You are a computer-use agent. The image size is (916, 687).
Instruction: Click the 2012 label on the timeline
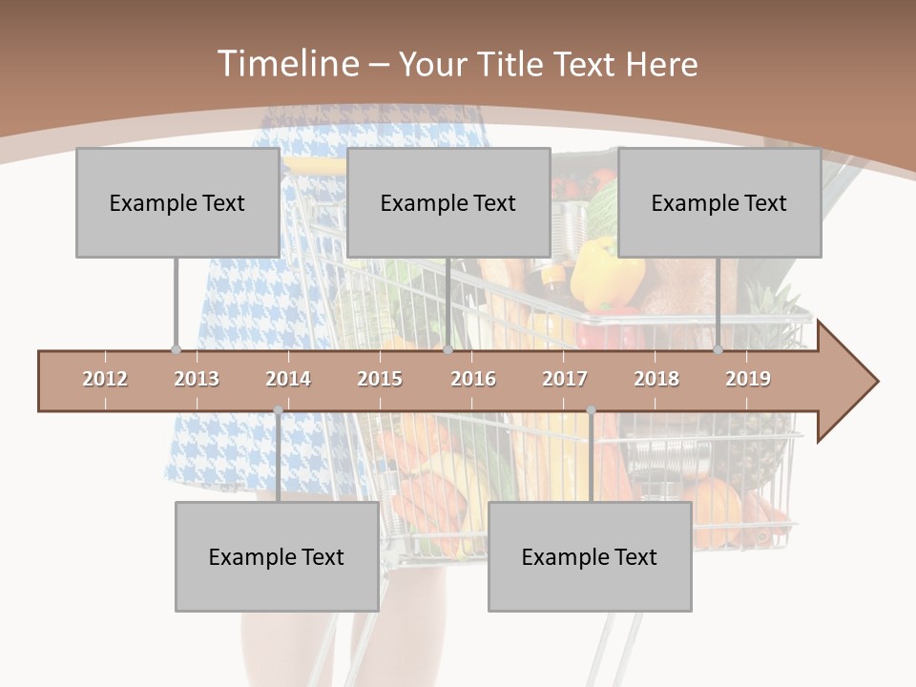click(x=105, y=379)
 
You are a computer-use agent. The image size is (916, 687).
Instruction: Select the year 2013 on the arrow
click(x=197, y=379)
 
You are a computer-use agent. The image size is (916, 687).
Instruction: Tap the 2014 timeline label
click(x=288, y=379)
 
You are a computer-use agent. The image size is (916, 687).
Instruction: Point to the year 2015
click(x=380, y=379)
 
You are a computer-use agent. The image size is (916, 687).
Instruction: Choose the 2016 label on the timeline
click(x=473, y=379)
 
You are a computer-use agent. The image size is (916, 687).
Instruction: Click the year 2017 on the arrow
click(x=565, y=379)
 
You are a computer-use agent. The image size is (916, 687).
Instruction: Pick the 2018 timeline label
click(x=656, y=379)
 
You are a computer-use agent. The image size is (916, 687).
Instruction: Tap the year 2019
click(x=748, y=379)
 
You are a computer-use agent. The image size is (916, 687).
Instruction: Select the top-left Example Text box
click(x=177, y=202)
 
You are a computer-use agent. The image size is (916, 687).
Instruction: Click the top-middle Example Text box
click(x=448, y=202)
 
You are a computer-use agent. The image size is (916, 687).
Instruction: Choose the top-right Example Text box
click(x=719, y=202)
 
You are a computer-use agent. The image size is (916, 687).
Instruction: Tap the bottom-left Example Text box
click(x=277, y=556)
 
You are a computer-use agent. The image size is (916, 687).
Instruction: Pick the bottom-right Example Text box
click(x=590, y=556)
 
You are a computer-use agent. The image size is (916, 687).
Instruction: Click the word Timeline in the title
click(x=285, y=64)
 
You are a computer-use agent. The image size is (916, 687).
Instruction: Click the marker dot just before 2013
click(x=176, y=349)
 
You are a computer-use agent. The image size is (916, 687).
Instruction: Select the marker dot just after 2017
click(x=591, y=410)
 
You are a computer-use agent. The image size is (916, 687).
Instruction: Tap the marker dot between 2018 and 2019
click(x=718, y=349)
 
